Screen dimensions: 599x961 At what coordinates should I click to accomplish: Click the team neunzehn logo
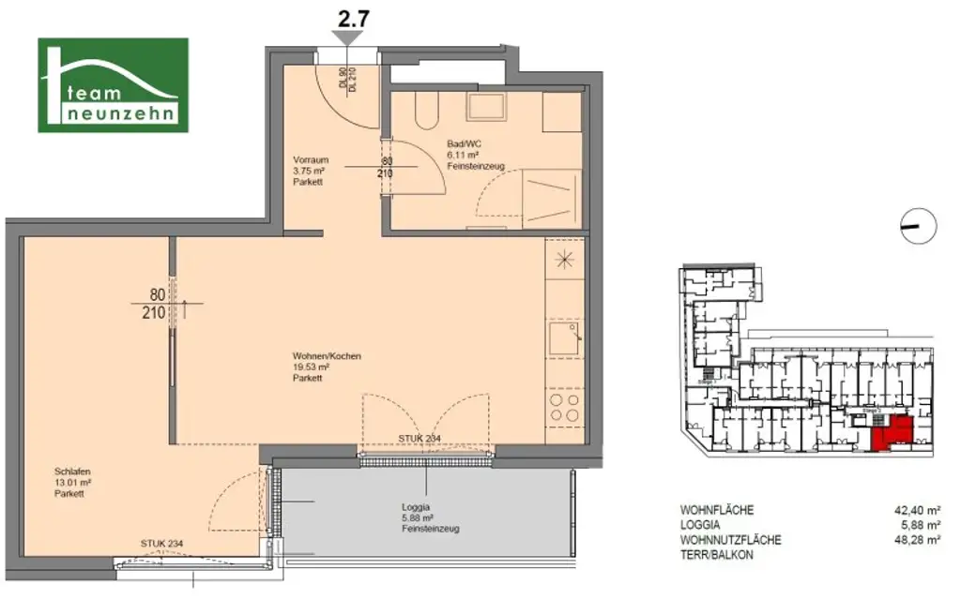pos(113,84)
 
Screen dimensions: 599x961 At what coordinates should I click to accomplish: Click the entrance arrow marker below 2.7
pos(348,37)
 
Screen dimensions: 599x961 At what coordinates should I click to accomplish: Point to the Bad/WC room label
pos(463,143)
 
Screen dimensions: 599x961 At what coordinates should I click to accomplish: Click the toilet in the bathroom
pos(424,110)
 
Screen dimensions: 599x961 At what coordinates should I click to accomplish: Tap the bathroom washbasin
pos(487,109)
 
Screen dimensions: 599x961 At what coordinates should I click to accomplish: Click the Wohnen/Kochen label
pos(327,356)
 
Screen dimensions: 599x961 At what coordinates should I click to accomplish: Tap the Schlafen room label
pos(72,472)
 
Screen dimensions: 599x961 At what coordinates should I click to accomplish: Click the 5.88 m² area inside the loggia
pos(418,517)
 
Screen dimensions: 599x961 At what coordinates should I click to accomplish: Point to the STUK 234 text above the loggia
pos(419,439)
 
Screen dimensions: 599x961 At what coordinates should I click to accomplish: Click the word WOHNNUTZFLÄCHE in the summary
pos(730,540)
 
